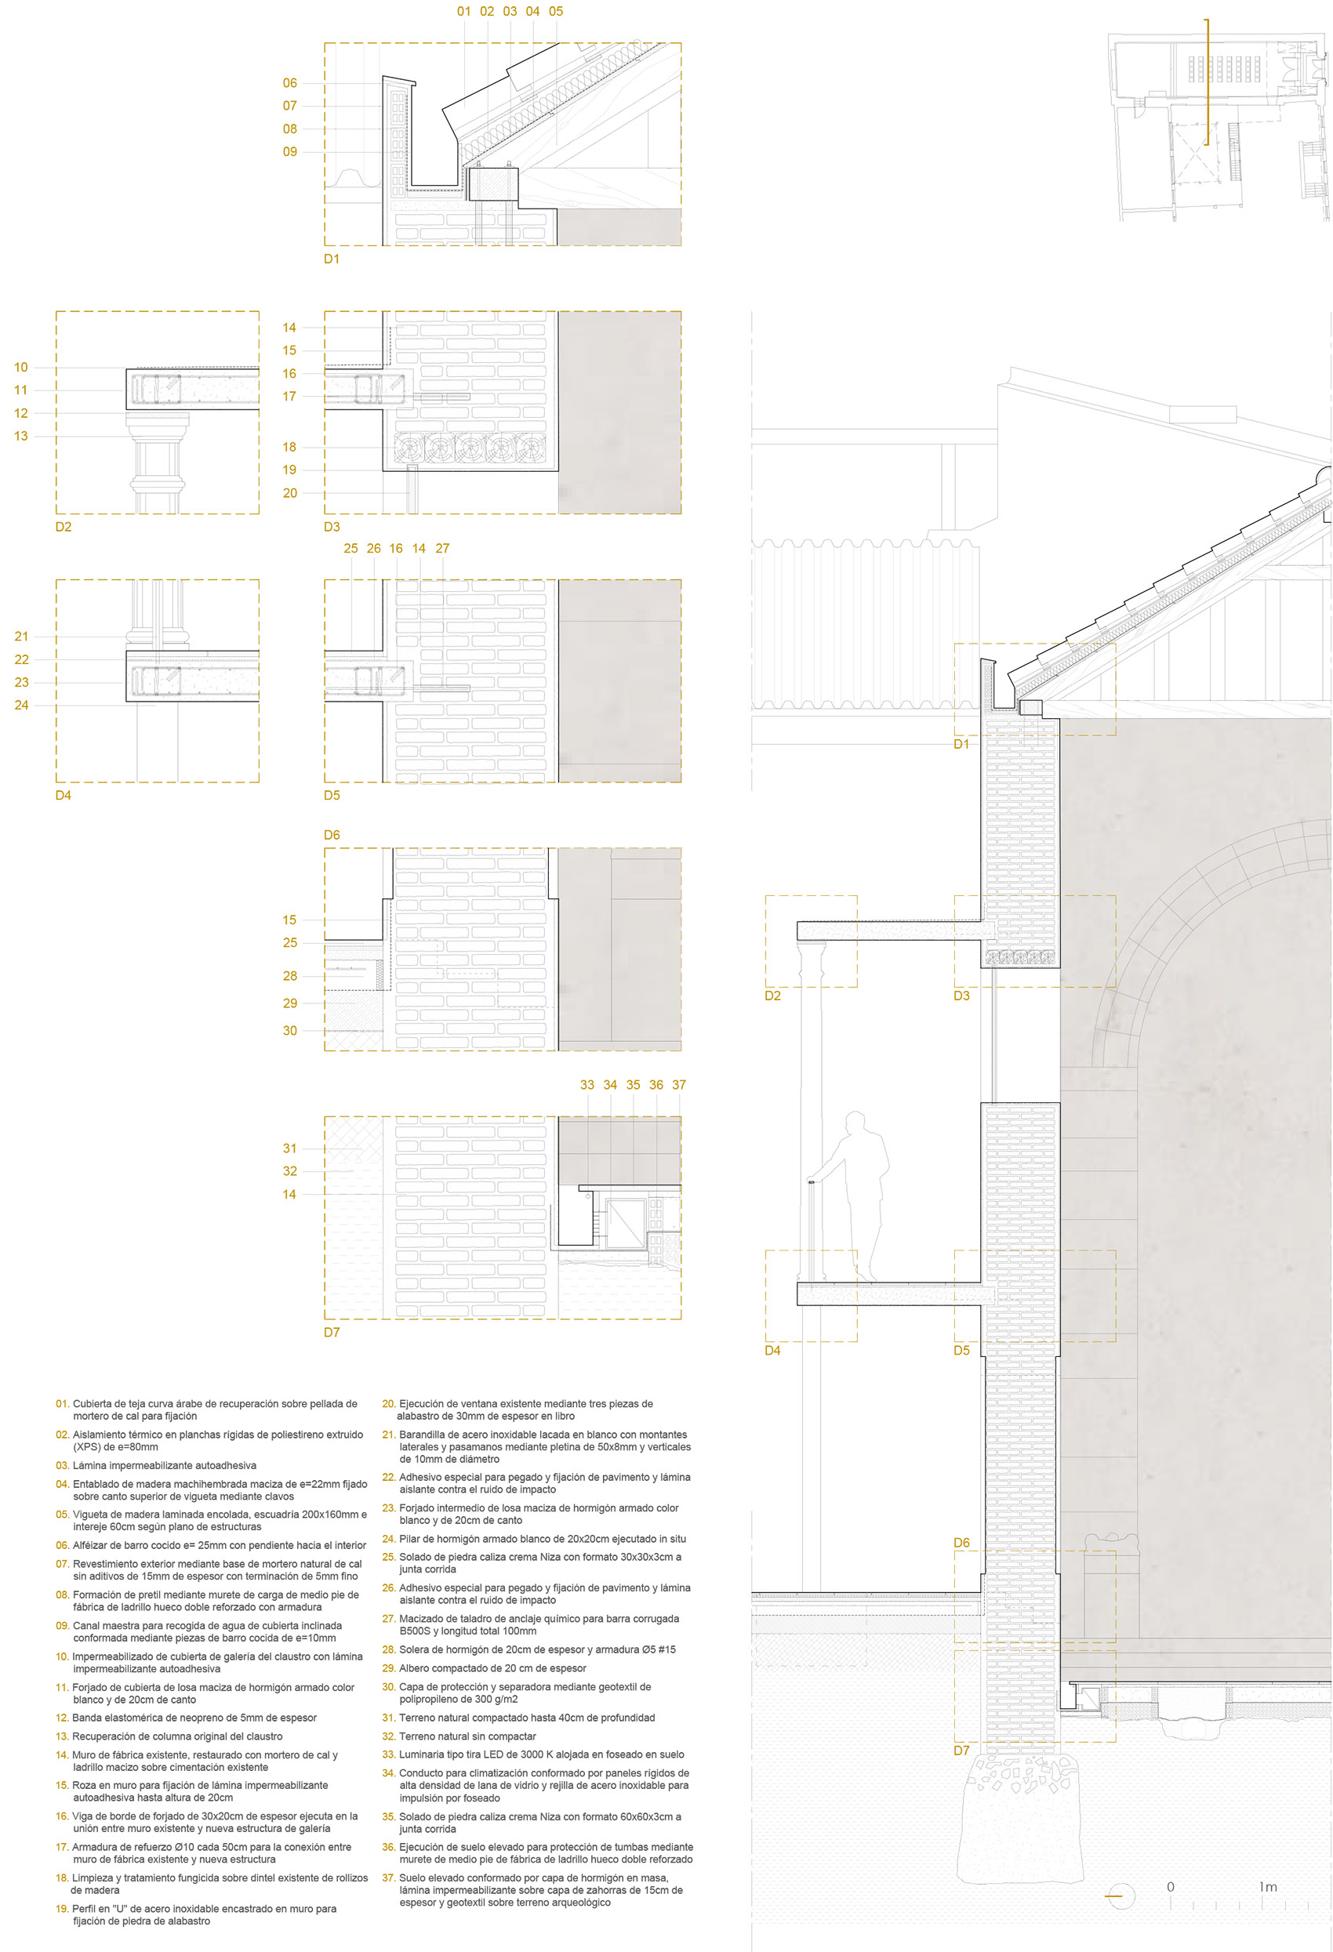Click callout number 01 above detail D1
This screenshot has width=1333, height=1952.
(463, 11)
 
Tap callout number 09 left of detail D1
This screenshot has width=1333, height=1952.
(290, 152)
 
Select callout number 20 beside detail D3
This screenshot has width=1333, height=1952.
(290, 493)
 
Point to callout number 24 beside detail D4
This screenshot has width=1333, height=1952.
(21, 706)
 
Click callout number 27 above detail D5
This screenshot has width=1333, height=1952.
(441, 549)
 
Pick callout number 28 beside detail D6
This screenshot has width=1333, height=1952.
(290, 976)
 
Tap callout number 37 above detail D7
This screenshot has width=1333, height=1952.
(679, 1085)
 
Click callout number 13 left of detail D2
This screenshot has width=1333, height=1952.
(21, 436)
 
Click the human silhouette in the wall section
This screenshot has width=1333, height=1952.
(852, 1196)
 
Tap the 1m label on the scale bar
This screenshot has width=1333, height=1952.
(1267, 1886)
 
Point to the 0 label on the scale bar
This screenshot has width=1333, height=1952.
(1170, 1886)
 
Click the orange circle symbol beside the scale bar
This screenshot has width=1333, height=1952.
(1121, 1896)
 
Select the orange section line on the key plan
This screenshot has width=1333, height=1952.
(1208, 82)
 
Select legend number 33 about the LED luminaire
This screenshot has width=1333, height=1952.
(389, 1754)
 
